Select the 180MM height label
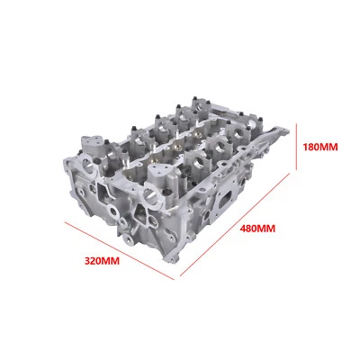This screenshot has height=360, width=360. coord(321,146)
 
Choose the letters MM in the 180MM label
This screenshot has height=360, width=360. coord(331,146)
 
